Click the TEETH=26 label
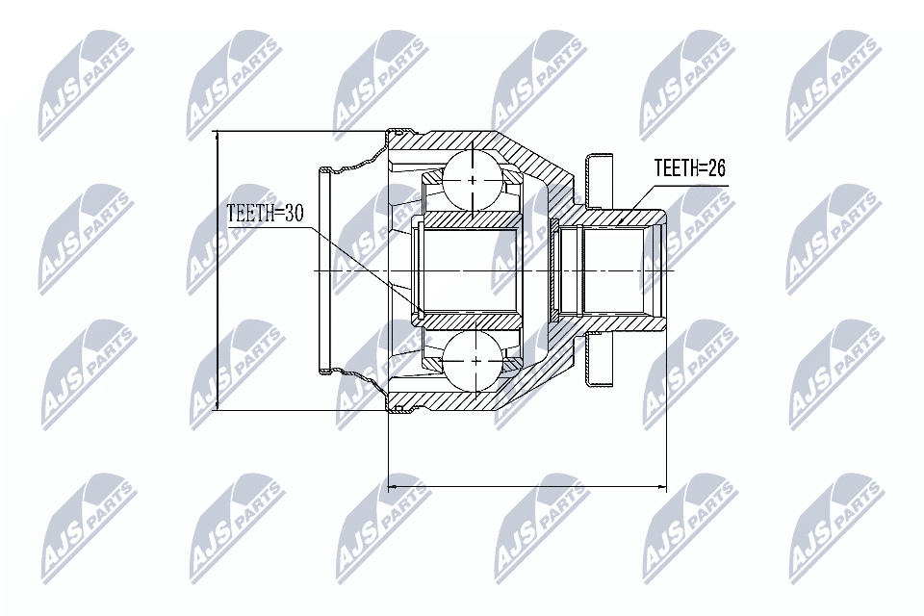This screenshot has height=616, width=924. (689, 168)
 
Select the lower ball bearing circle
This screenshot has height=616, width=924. (475, 361)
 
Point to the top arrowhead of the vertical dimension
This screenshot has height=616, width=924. (218, 137)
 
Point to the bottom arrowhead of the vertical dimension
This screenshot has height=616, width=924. (218, 406)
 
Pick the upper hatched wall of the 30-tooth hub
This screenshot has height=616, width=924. (467, 223)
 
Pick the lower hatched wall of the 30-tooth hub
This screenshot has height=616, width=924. (467, 318)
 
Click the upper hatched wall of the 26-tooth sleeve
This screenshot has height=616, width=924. (621, 217)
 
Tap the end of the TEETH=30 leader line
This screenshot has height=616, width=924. (420, 313)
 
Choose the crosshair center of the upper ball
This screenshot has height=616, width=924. (475, 179)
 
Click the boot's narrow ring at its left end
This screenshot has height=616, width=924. (324, 269)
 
